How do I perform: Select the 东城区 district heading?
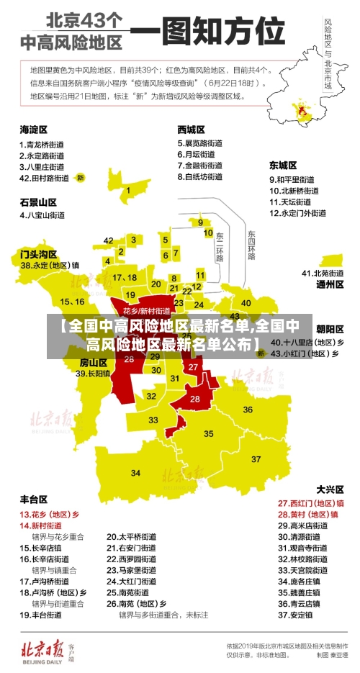pos(283,164)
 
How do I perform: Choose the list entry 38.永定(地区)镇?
pos(50,265)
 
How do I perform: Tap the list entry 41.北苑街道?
pos(323,273)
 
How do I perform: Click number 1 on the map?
pos(128,191)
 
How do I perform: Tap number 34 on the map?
pos(136,473)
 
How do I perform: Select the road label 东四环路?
pos(251,245)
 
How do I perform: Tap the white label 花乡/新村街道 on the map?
pos(146,311)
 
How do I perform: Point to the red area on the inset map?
pos(297,111)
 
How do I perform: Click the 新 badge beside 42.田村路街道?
pos(81,177)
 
